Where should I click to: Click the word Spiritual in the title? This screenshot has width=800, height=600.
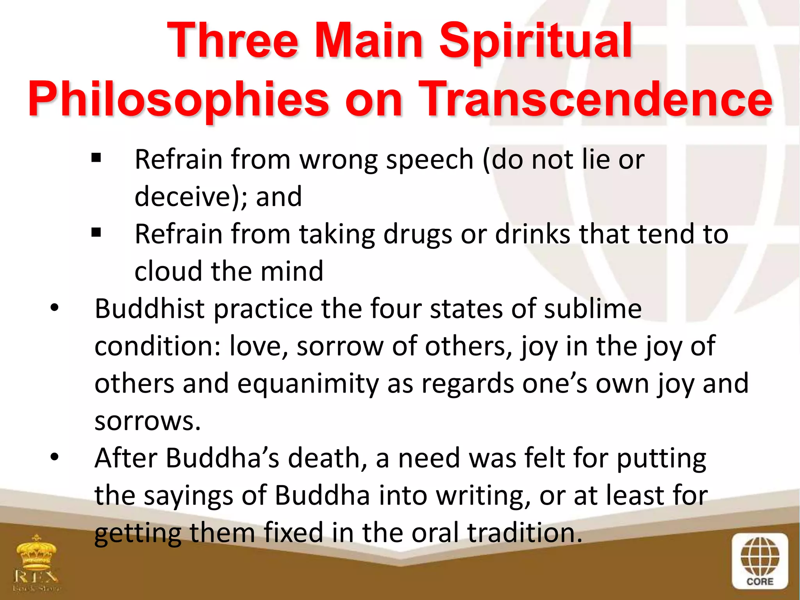[536, 41]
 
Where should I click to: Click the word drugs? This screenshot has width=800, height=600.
[418, 234]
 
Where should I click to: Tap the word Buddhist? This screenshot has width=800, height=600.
[150, 309]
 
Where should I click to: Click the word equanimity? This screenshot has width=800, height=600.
[308, 384]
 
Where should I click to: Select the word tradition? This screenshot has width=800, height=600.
[524, 533]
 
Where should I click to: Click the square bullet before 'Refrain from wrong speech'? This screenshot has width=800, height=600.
[96, 159]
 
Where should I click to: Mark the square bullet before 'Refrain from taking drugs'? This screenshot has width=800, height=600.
[96, 233]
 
